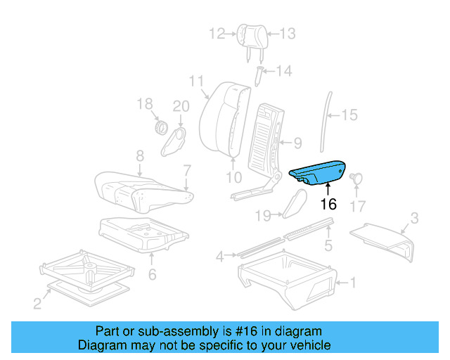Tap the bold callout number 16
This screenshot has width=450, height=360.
(328, 205)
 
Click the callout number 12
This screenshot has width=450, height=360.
(217, 33)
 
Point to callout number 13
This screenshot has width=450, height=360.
(288, 33)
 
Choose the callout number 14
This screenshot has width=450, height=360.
(283, 70)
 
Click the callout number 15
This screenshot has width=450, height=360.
(349, 115)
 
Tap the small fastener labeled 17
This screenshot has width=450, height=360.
(356, 179)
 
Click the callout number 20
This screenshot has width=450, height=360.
(181, 106)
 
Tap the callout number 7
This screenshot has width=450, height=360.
(187, 169)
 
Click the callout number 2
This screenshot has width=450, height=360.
(37, 303)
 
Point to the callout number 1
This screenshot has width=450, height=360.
(353, 283)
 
